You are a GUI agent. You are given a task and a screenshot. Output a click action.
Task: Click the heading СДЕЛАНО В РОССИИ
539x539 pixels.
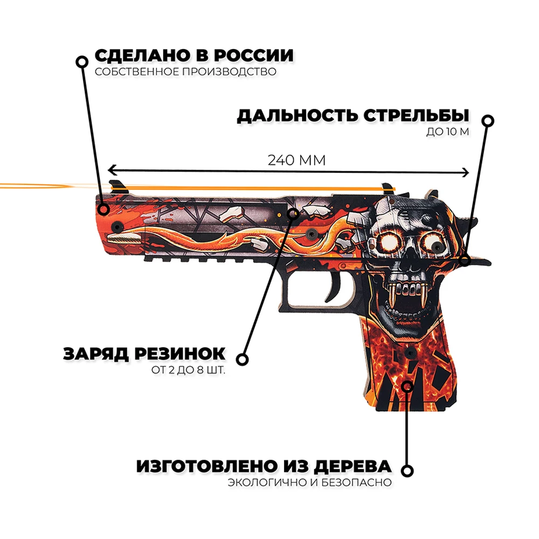(194, 56)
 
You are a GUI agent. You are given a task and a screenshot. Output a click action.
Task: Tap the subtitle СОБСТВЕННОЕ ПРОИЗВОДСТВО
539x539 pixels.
(185, 72)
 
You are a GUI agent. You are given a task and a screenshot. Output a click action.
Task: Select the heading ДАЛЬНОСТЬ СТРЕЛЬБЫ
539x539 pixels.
(353, 116)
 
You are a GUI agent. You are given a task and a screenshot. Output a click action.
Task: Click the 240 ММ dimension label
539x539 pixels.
(297, 160)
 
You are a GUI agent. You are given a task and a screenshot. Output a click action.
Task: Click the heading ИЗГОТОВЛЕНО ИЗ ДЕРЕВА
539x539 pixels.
(264, 466)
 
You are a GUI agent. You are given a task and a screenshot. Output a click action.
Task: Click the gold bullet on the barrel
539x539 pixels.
(123, 237)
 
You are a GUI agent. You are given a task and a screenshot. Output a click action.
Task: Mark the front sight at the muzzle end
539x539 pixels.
(116, 186)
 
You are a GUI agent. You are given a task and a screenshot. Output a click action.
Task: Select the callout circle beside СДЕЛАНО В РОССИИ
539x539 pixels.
(81, 61)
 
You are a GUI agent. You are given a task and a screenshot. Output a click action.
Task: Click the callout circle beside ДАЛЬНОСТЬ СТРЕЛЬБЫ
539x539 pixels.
(488, 121)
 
